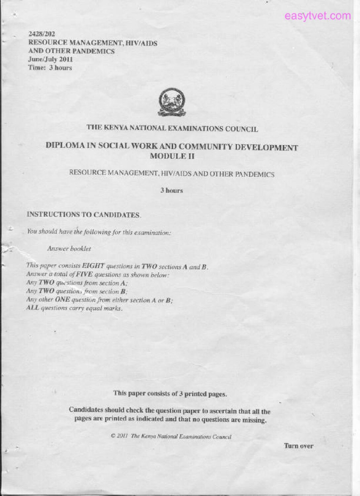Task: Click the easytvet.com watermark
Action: [x=317, y=16]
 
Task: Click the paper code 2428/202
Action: [x=42, y=34]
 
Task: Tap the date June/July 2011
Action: [x=50, y=59]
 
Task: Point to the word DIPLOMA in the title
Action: [x=65, y=145]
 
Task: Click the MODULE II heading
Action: [x=172, y=156]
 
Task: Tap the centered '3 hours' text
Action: [x=172, y=190]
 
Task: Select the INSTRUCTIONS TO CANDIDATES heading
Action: [x=83, y=214]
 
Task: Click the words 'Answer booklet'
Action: [x=69, y=248]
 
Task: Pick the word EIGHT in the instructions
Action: [x=93, y=265]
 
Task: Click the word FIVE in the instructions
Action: [x=84, y=274]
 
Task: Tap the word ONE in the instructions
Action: [x=62, y=299]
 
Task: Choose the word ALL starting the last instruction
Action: [x=32, y=308]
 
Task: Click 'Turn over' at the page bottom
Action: [x=298, y=446]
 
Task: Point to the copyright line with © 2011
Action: [x=171, y=436]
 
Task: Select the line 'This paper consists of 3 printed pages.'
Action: [x=170, y=394]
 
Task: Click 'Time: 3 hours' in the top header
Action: [x=50, y=68]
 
